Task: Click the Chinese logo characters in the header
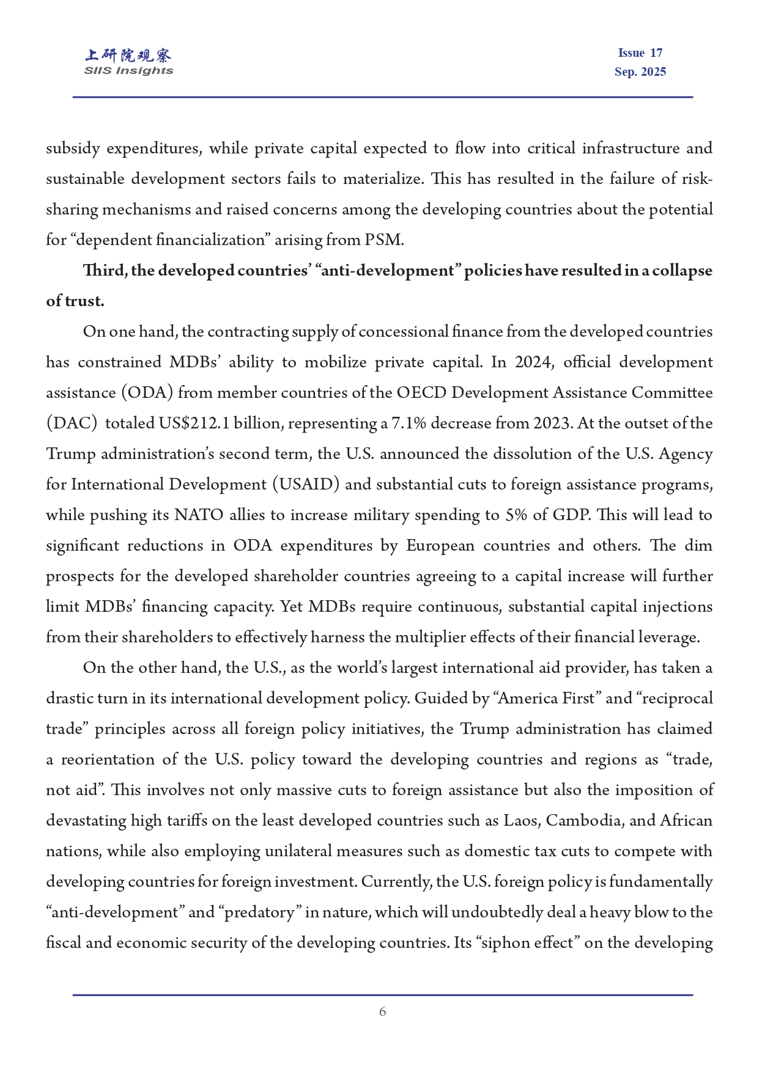(128, 56)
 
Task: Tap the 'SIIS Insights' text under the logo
(128, 71)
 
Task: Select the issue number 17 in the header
(656, 53)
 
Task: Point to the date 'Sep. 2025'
(640, 72)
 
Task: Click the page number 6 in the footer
(382, 1012)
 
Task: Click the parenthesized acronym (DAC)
(72, 424)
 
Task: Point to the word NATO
(199, 515)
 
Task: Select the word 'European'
(440, 546)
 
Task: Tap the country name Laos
(521, 821)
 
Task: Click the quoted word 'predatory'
(260, 912)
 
